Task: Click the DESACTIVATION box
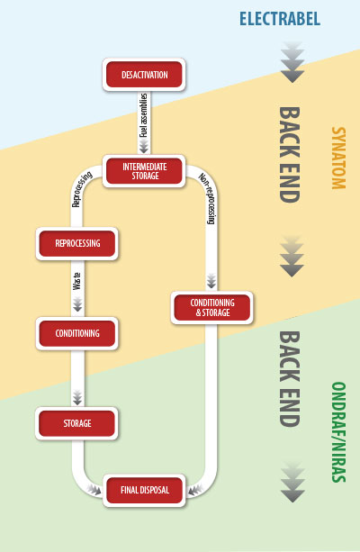click(x=144, y=75)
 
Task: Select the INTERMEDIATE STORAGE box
click(x=144, y=171)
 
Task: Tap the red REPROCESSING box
click(x=77, y=244)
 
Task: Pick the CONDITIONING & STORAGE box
click(x=211, y=308)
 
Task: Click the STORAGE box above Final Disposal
click(x=76, y=423)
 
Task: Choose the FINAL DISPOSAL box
click(x=144, y=491)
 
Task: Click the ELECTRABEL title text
click(x=280, y=19)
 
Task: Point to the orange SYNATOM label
click(x=338, y=158)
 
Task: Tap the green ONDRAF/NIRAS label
click(x=338, y=432)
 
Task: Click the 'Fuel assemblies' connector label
click(x=144, y=115)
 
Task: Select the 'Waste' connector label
click(x=77, y=282)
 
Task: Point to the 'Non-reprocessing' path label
click(x=208, y=198)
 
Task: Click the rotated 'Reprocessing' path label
click(x=82, y=189)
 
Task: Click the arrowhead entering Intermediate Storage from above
click(x=144, y=147)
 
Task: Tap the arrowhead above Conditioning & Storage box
click(x=211, y=281)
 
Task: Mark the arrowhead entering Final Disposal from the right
click(x=194, y=490)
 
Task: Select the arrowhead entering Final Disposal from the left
click(x=94, y=490)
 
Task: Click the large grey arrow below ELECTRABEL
click(x=292, y=63)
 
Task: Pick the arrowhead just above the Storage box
click(x=77, y=397)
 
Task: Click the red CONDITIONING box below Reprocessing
click(x=77, y=333)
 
